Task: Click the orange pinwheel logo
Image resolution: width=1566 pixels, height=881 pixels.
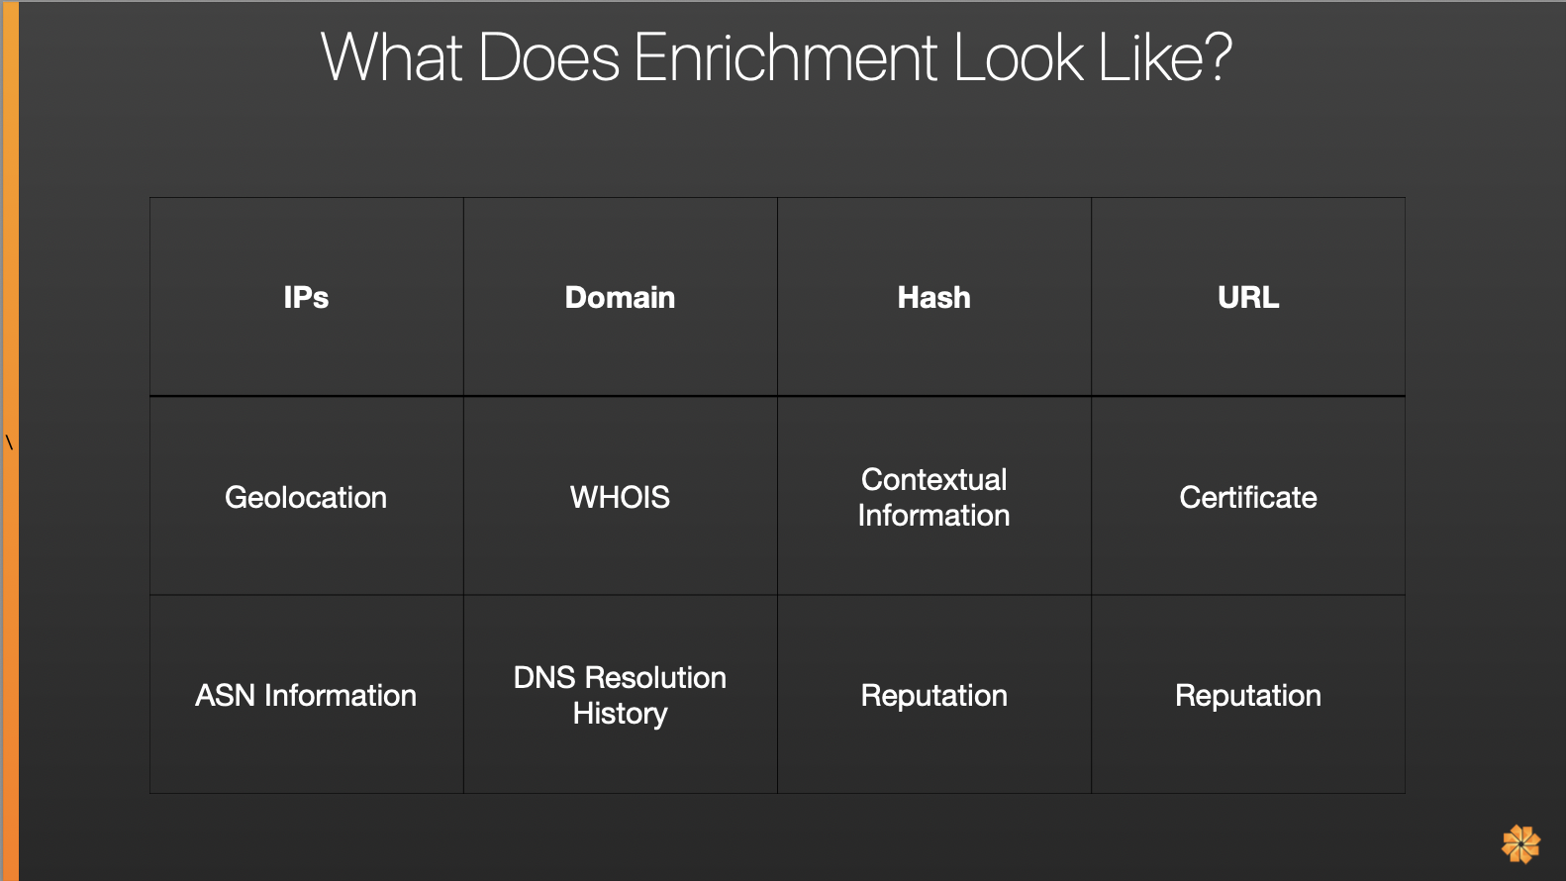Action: coord(1520,844)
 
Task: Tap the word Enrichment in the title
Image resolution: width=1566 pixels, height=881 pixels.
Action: coord(785,57)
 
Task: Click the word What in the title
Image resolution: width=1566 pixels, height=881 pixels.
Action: coord(392,57)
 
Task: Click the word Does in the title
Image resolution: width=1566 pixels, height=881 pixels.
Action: coord(548,57)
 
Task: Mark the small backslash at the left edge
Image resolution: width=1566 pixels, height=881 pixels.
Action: coord(9,442)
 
